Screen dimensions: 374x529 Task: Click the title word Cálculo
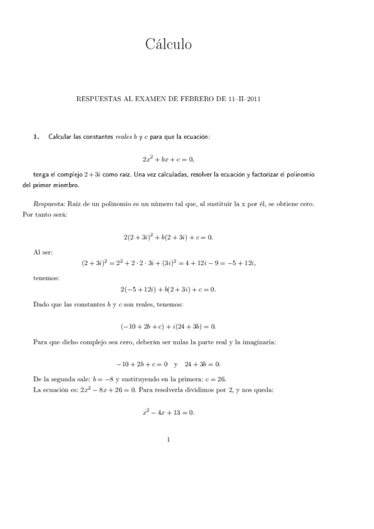click(169, 44)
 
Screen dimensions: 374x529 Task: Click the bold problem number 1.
click(36, 137)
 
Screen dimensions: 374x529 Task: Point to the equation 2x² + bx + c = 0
click(169, 158)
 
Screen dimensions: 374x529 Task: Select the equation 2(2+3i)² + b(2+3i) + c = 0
click(169, 236)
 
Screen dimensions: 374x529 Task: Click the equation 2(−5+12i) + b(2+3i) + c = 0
click(169, 289)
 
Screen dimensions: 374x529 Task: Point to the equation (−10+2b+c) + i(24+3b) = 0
click(169, 326)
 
